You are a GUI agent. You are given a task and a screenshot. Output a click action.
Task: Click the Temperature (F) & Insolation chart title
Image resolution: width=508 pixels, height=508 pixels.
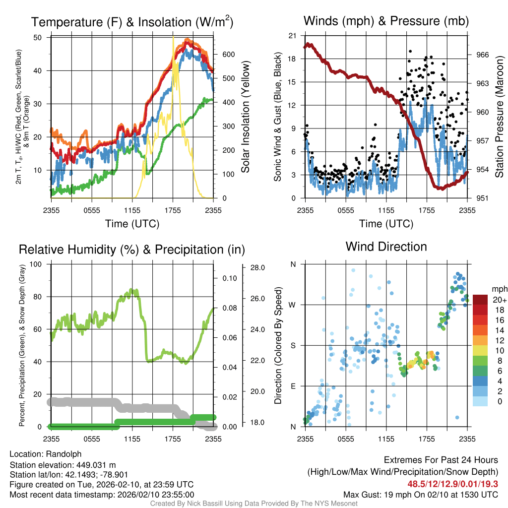click(132, 22)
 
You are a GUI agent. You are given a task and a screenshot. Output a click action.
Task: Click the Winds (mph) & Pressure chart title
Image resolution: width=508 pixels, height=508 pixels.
click(386, 21)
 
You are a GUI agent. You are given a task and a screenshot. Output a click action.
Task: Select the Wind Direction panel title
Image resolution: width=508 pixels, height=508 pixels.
click(386, 247)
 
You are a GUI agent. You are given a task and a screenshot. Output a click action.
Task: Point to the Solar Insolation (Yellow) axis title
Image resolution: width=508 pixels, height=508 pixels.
click(246, 118)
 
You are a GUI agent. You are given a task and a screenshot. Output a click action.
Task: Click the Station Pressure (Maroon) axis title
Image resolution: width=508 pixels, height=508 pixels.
click(500, 118)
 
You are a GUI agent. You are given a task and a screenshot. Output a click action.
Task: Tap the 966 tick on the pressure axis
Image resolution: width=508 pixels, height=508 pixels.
click(483, 55)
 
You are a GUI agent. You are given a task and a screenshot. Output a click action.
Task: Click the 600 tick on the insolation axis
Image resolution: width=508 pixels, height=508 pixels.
click(228, 55)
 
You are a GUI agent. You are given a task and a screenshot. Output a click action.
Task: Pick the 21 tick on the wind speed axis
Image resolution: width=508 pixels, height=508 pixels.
click(292, 36)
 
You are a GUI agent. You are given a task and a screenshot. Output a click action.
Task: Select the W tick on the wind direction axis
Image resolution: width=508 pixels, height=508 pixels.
click(293, 305)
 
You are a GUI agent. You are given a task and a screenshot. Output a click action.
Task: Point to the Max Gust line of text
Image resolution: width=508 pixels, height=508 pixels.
click(420, 495)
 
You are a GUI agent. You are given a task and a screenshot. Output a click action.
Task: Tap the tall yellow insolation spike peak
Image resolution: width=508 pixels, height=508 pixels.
click(173, 38)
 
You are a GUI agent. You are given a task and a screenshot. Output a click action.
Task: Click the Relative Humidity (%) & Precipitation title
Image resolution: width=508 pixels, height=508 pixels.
click(131, 250)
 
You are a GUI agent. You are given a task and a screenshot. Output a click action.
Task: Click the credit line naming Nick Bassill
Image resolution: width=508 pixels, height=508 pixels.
click(254, 504)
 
